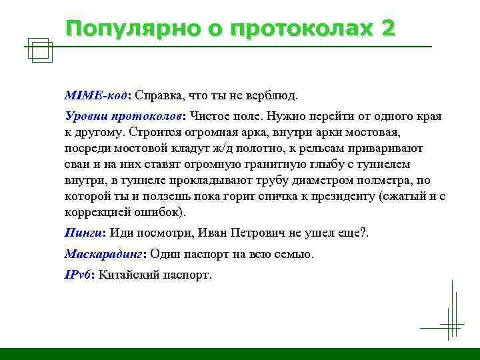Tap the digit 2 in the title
coord(387,29)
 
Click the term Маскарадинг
coord(104,254)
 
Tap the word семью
coord(294,254)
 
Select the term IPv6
coord(78,275)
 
